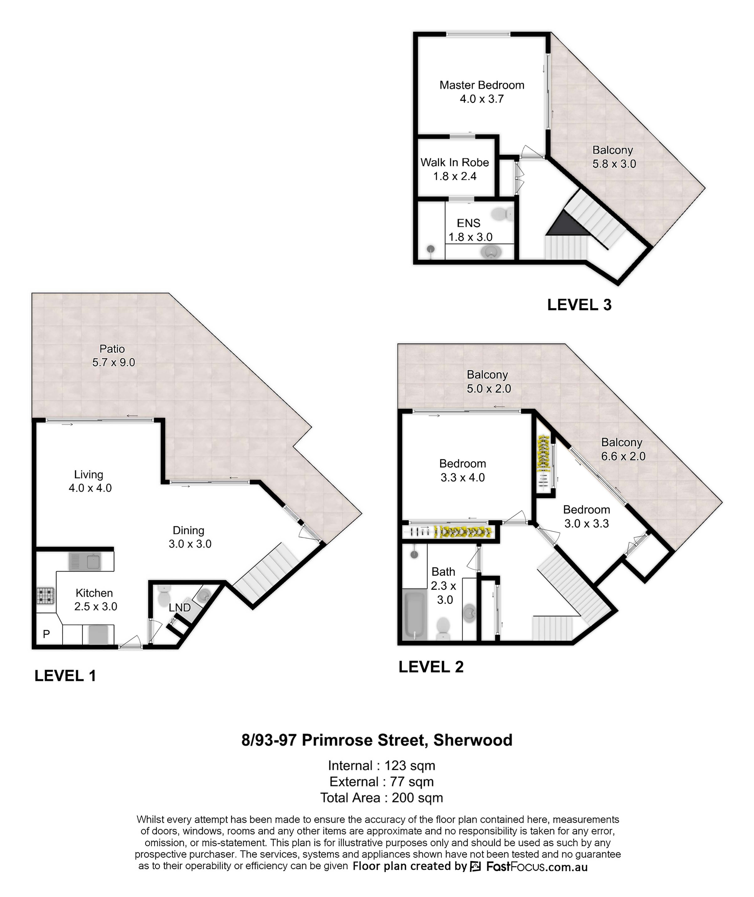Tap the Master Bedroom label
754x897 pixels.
click(482, 92)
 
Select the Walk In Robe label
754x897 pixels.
click(455, 169)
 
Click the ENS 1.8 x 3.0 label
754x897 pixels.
click(470, 230)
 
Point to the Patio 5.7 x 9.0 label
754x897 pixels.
click(113, 356)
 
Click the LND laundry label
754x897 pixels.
click(180, 608)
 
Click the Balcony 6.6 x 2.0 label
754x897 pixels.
click(623, 449)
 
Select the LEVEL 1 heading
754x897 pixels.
click(65, 676)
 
